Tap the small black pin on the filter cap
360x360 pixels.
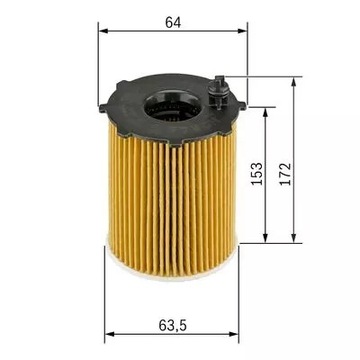(220, 93)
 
